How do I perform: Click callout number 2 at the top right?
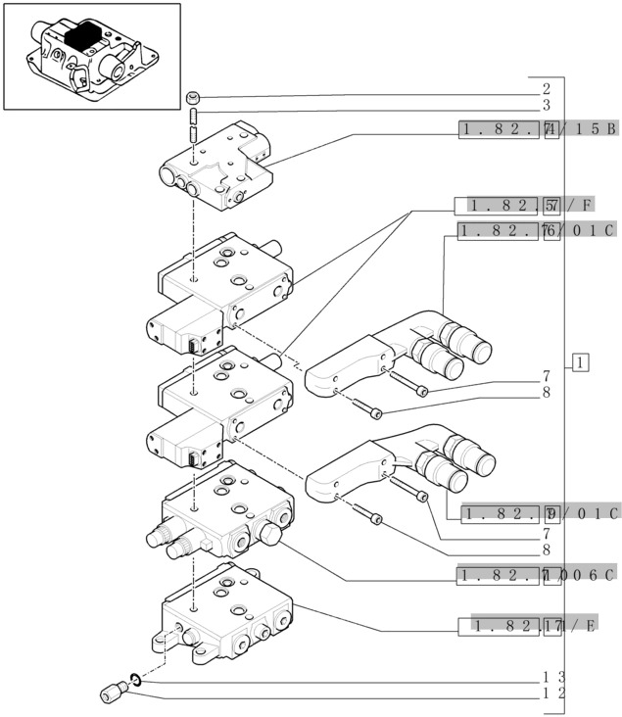pyautogui.click(x=547, y=89)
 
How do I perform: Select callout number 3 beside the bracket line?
pyautogui.click(x=547, y=105)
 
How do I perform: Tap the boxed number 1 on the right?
pyautogui.click(x=581, y=363)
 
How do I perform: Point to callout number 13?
pyautogui.click(x=553, y=677)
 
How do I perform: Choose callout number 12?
pyautogui.click(x=553, y=693)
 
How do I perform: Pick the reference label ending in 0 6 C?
pyautogui.click(x=536, y=574)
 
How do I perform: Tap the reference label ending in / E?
pyautogui.click(x=536, y=626)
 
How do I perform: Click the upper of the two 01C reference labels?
pyautogui.click(x=536, y=231)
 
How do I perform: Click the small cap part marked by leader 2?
pyautogui.click(x=195, y=97)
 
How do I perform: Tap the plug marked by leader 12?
pyautogui.click(x=110, y=693)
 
